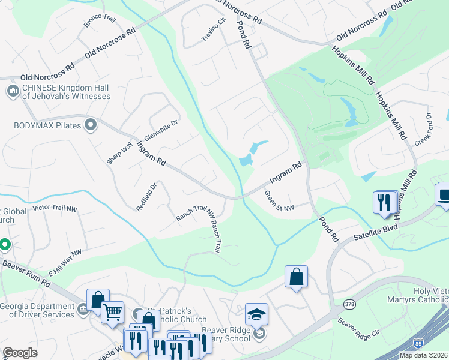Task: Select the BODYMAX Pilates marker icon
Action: pos(91,125)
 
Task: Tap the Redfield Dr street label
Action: pos(146,196)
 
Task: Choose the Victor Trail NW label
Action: pos(55,208)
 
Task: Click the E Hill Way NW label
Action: pos(65,263)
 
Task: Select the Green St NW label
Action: pos(280,202)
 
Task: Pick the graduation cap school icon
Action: pos(256,314)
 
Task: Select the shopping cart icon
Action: pos(113,312)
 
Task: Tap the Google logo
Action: pos(20,353)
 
